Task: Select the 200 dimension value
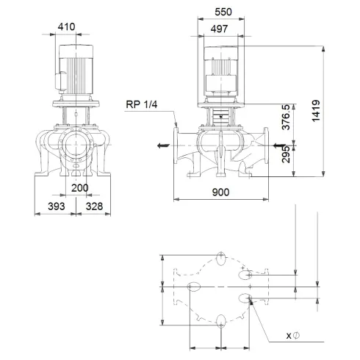click(x=81, y=188)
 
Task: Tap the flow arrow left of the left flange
click(x=161, y=145)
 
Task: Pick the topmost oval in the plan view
click(x=222, y=256)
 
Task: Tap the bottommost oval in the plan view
click(x=222, y=320)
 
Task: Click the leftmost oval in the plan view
click(x=194, y=287)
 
